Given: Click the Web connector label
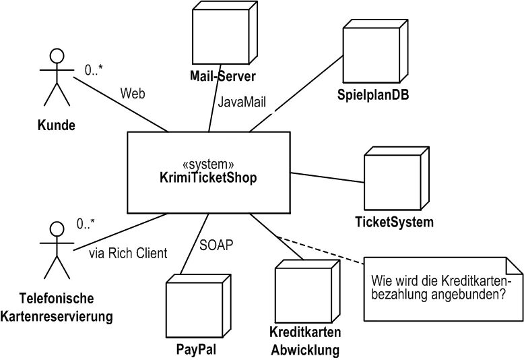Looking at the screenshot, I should pyautogui.click(x=133, y=93).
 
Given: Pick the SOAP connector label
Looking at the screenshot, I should pyautogui.click(x=217, y=245).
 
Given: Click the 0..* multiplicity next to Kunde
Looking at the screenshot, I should pyautogui.click(x=95, y=68).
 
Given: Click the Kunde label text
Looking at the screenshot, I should pyautogui.click(x=56, y=125).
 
